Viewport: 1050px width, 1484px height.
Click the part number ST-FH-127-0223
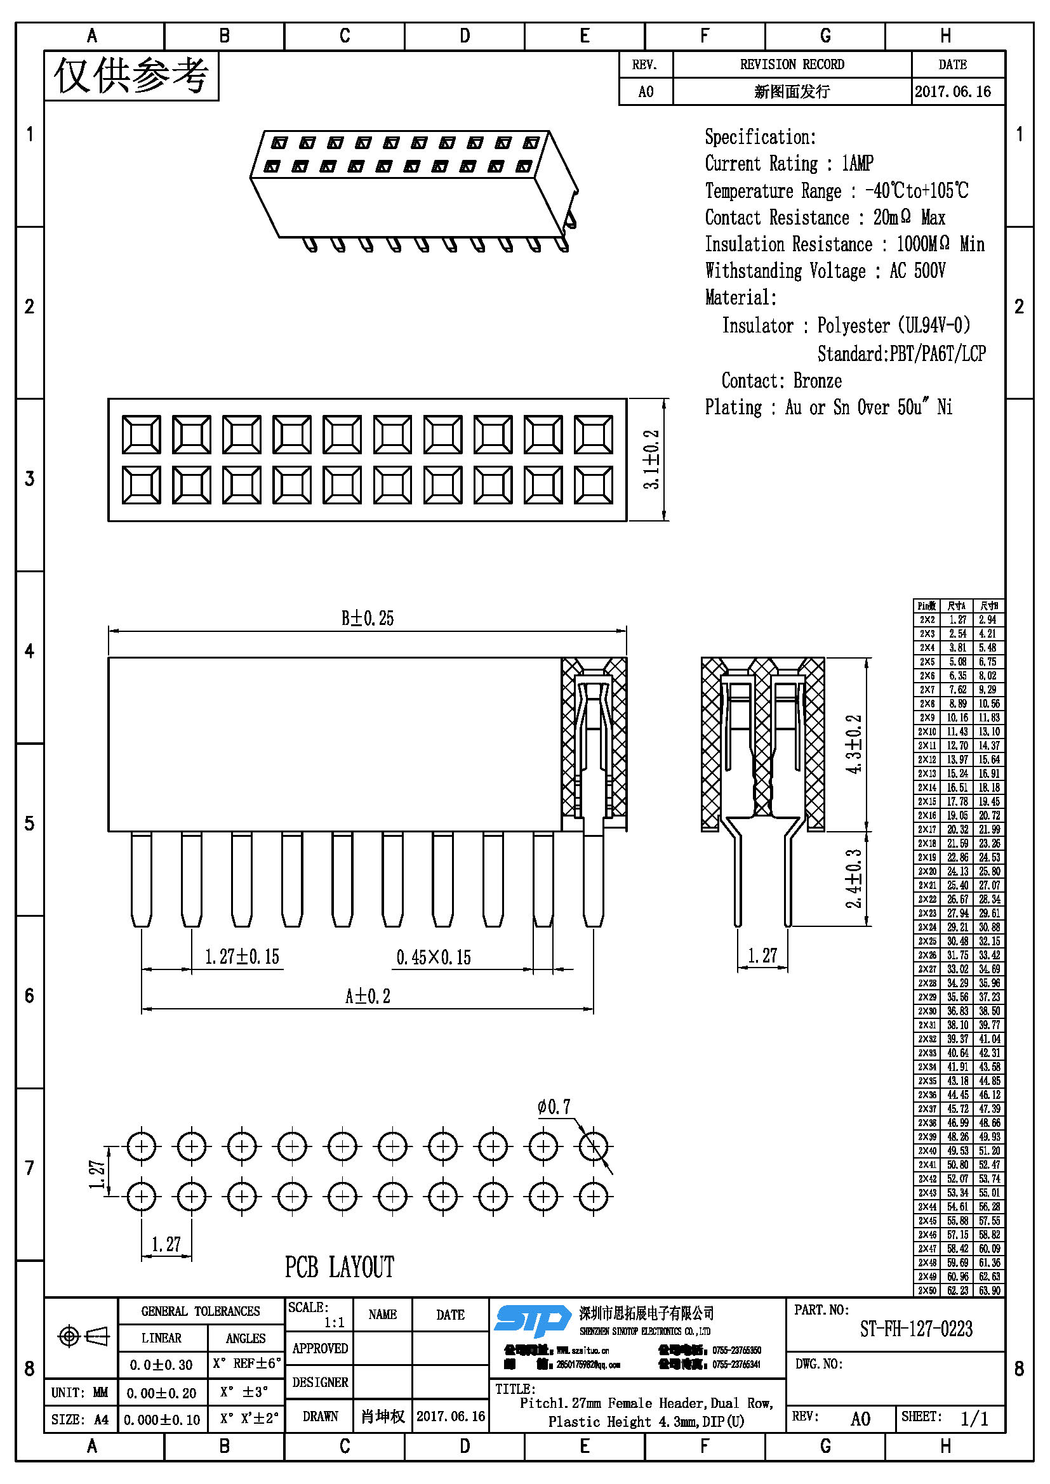click(915, 1329)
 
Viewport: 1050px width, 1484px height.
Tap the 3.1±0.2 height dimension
click(652, 459)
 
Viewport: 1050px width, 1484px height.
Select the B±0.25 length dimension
click(367, 619)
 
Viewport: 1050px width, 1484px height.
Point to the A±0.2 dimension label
click(367, 996)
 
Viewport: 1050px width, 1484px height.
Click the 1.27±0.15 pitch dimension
click(242, 957)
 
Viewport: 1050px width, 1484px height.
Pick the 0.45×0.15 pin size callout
click(433, 957)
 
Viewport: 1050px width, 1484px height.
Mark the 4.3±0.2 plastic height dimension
click(854, 744)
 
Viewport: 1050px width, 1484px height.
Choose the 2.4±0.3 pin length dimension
click(854, 878)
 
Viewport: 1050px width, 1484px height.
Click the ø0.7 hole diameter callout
click(554, 1107)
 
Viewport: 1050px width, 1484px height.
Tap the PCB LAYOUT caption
click(340, 1267)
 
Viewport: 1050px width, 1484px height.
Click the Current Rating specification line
click(789, 164)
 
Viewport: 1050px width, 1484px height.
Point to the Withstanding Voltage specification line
click(825, 271)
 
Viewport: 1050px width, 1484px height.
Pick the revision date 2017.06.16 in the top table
click(952, 92)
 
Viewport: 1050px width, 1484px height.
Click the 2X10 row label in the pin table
click(926, 732)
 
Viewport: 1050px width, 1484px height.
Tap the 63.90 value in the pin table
click(988, 1290)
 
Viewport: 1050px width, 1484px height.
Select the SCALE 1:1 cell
click(318, 1315)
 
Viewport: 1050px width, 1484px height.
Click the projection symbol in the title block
click(83, 1336)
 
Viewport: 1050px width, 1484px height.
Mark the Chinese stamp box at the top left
click(131, 76)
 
